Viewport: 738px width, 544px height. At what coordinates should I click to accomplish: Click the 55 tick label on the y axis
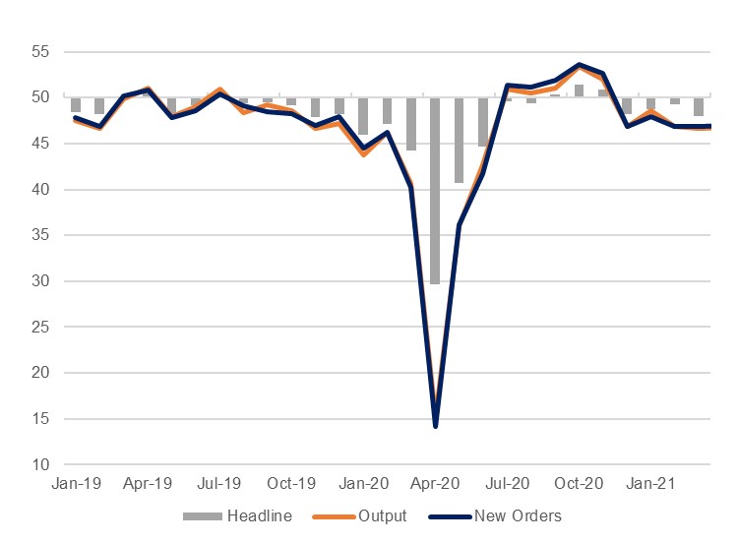(x=41, y=51)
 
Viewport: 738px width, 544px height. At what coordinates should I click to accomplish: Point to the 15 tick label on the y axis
(x=41, y=419)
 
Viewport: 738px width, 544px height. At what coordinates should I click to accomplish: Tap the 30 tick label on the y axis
(x=41, y=281)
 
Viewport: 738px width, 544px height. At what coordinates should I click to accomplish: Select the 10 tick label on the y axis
(x=41, y=465)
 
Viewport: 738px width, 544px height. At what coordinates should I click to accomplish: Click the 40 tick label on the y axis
(x=41, y=190)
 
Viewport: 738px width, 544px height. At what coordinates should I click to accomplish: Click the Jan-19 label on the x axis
(x=75, y=484)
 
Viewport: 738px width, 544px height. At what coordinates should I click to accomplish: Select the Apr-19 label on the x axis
(x=148, y=484)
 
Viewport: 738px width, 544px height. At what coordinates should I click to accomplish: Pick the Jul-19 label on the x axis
(x=219, y=484)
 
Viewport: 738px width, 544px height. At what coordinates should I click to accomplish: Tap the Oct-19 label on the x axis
(x=291, y=484)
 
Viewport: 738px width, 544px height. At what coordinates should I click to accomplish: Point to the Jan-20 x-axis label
(x=363, y=484)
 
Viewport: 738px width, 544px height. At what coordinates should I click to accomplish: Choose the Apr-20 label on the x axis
(x=435, y=484)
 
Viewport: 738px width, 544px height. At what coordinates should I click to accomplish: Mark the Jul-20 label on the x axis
(x=508, y=484)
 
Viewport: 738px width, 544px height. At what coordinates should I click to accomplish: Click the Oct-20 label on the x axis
(x=579, y=484)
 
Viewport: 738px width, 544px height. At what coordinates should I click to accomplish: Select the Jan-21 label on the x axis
(x=650, y=484)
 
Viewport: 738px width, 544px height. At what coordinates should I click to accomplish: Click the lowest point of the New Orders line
(x=435, y=426)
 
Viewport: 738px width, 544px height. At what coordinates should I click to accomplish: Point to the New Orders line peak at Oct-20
(x=579, y=65)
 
